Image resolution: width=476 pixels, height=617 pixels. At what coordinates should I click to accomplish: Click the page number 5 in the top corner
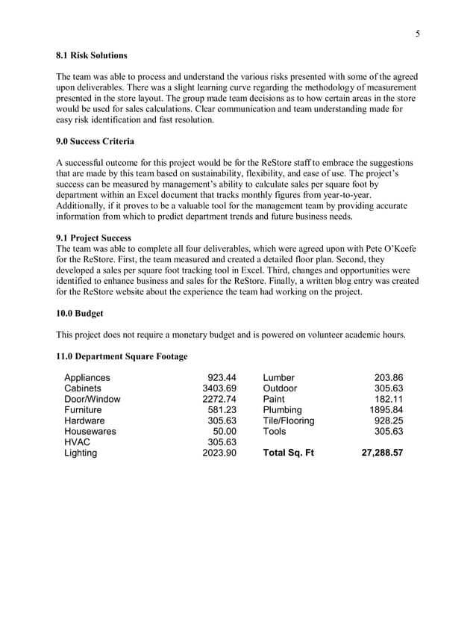tap(418, 33)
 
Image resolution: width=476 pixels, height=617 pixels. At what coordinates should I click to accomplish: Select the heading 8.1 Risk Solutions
tap(92, 55)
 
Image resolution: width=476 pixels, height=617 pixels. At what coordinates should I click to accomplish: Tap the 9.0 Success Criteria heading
tap(97, 141)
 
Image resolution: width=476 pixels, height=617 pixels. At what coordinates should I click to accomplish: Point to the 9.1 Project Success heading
tap(94, 238)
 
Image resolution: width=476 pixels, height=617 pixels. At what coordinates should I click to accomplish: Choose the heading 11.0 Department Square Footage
tap(122, 356)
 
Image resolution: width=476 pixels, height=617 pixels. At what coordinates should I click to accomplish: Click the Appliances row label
tap(87, 378)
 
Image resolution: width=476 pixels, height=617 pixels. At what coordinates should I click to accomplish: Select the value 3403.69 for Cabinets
tap(219, 388)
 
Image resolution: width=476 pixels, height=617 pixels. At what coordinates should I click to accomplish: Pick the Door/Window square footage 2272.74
tap(219, 399)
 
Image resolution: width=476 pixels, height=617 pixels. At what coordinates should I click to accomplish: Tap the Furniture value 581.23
tap(222, 410)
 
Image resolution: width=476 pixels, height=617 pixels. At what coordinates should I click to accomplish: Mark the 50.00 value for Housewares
tap(225, 431)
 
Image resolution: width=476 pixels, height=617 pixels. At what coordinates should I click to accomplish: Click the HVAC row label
tap(78, 442)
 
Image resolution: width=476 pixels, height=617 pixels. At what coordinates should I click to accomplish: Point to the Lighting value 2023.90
tap(219, 453)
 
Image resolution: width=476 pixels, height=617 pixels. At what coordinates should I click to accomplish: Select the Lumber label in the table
tap(279, 378)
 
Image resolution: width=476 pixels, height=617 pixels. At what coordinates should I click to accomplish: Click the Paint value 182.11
tap(388, 399)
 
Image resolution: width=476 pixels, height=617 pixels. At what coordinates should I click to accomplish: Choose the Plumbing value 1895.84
tap(386, 410)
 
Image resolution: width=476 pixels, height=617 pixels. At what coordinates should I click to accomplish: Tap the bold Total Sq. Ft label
tap(289, 453)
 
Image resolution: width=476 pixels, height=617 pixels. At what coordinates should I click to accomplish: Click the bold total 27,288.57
tap(378, 453)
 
